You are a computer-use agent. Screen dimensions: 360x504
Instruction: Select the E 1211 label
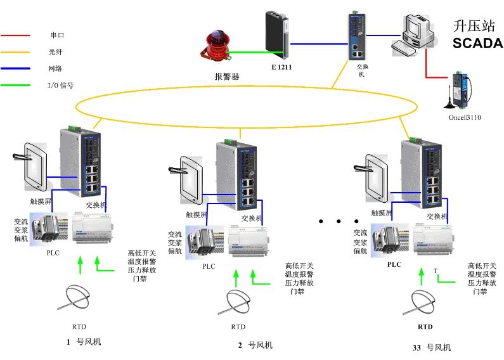click(x=281, y=66)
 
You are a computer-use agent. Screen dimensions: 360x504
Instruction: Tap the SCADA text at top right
click(x=477, y=44)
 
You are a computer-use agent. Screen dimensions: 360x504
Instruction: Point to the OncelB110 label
click(x=465, y=117)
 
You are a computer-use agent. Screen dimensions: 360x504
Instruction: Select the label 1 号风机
click(x=84, y=342)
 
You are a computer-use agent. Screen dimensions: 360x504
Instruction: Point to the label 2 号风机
click(x=255, y=345)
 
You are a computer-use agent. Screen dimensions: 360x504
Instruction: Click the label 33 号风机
click(x=430, y=348)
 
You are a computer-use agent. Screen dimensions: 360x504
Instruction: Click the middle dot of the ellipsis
click(x=339, y=222)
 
